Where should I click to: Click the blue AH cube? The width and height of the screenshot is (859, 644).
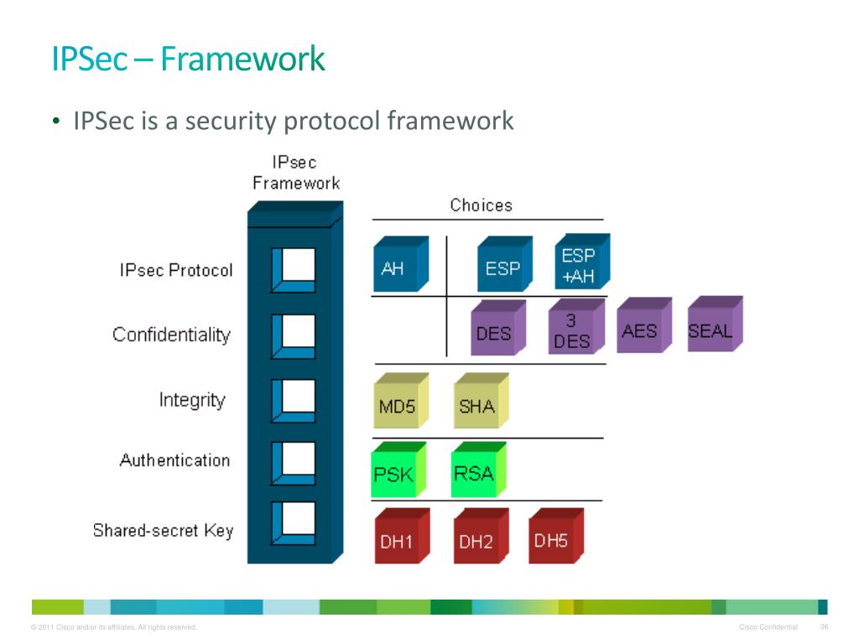click(x=401, y=264)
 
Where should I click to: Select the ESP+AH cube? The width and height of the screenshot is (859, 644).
click(x=582, y=262)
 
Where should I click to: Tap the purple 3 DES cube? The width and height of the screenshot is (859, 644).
click(x=577, y=326)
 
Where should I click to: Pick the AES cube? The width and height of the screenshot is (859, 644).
click(x=644, y=325)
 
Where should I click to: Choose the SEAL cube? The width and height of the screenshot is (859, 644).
click(x=715, y=324)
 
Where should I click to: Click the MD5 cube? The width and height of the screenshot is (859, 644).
click(x=401, y=400)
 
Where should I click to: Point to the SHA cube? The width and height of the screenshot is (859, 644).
click(x=482, y=400)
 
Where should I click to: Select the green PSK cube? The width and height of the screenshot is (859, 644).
click(x=398, y=470)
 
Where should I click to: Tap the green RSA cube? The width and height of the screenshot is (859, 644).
click(x=479, y=470)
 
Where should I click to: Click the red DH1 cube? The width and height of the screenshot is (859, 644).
click(x=402, y=536)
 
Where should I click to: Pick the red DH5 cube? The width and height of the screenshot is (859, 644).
click(x=556, y=536)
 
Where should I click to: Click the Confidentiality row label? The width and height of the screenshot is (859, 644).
click(x=171, y=335)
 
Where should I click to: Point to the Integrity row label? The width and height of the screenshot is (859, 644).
click(x=192, y=400)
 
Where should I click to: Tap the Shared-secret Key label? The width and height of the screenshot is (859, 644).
click(x=164, y=531)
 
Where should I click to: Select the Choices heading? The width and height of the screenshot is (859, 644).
click(x=481, y=205)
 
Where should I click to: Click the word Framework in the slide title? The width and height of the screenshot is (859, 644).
click(x=242, y=60)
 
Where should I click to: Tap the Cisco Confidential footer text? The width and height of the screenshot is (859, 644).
click(x=768, y=627)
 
